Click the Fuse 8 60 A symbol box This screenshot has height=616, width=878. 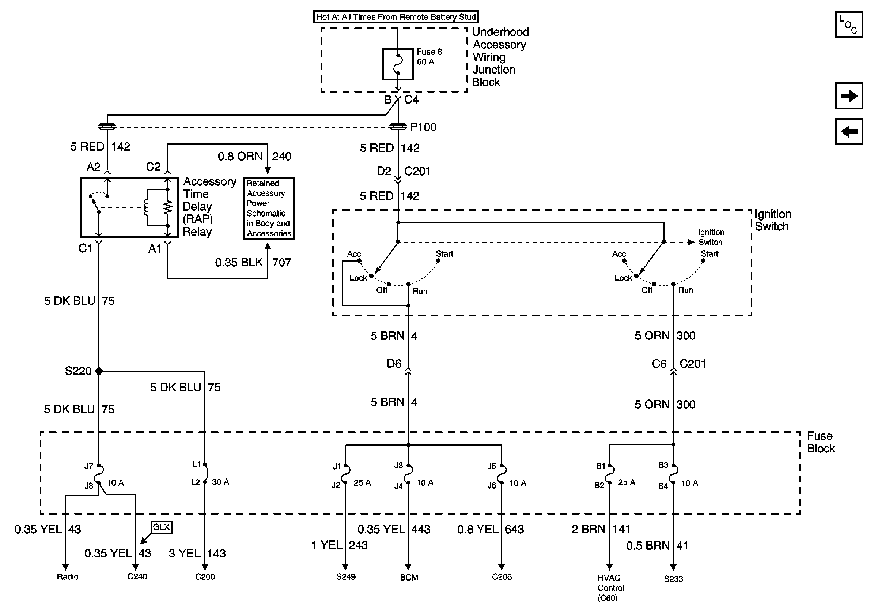tap(398, 64)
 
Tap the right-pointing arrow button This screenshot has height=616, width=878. tap(848, 95)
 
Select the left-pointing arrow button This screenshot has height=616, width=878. tap(848, 132)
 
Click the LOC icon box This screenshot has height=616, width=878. tap(848, 25)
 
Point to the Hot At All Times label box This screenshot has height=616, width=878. tap(396, 17)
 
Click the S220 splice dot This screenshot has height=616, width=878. tap(99, 371)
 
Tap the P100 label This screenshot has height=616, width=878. tap(423, 127)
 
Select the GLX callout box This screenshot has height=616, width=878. tap(161, 527)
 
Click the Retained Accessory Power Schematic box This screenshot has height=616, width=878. tap(269, 208)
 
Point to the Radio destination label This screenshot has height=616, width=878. tap(68, 576)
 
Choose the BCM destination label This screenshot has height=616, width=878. tap(409, 577)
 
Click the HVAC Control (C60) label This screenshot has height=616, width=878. tap(611, 588)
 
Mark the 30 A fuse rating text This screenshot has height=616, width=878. tap(220, 482)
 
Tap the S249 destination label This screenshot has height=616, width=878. tap(346, 576)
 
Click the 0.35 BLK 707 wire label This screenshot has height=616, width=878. tap(253, 263)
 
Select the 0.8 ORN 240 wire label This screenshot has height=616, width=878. tap(255, 157)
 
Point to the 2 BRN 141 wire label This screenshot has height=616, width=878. tap(601, 529)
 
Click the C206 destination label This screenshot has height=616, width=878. tap(502, 576)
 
